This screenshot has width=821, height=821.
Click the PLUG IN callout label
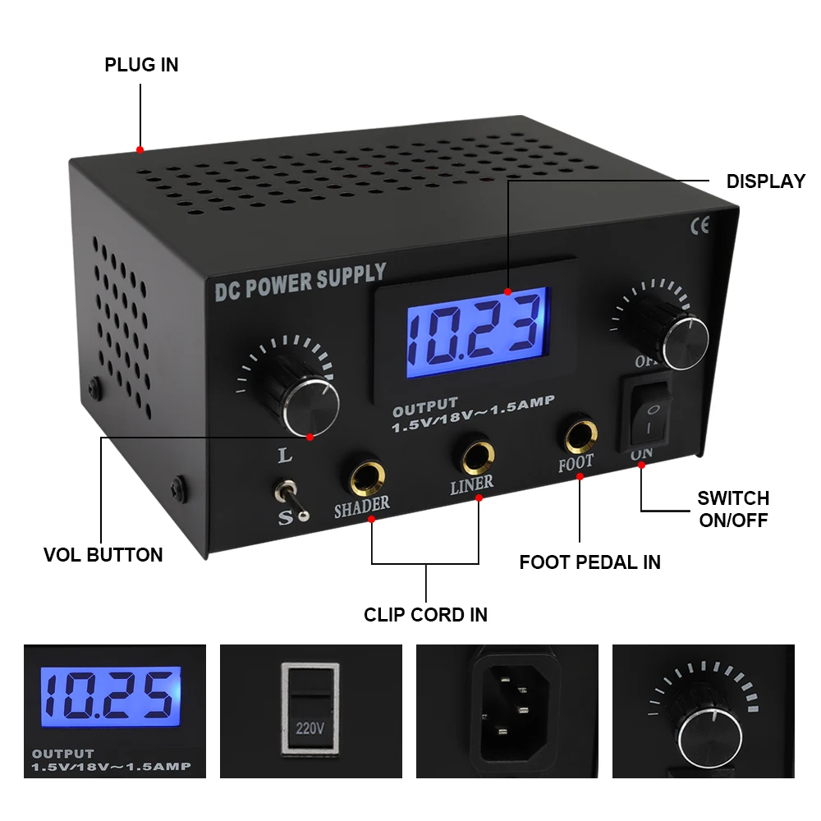tap(141, 65)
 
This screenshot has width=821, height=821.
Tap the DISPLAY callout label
tap(765, 181)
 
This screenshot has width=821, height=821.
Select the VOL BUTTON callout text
tap(103, 555)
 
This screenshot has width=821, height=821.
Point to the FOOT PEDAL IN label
tap(589, 562)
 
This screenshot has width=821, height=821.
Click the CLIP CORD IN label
tap(425, 614)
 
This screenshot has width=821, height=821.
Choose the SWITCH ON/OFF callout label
tap(733, 509)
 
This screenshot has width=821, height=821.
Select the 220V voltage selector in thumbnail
tap(310, 709)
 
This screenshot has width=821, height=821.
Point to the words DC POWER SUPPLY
tap(300, 282)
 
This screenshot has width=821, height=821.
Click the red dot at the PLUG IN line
tap(140, 149)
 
